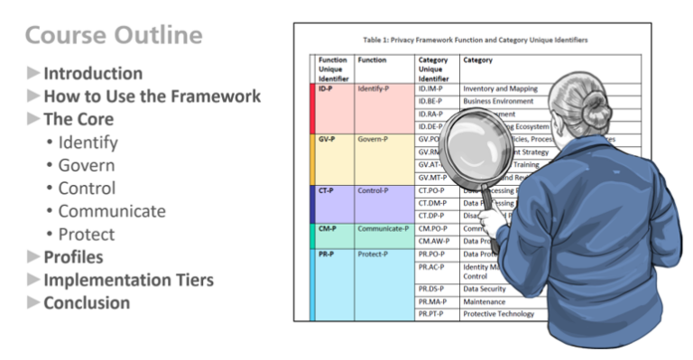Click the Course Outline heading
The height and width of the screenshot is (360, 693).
point(114,36)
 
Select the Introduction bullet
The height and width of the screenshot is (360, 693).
point(92,74)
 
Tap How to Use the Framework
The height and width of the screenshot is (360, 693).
point(152,97)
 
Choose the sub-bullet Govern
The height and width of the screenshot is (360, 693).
point(86,165)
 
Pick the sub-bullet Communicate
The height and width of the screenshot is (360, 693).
point(111,211)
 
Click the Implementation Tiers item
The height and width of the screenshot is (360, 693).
point(128,280)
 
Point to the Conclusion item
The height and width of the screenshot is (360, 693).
point(87,303)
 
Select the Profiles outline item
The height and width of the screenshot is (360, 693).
point(72,257)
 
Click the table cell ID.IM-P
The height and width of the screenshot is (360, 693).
point(435,89)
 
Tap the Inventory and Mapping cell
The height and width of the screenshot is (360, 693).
point(500,89)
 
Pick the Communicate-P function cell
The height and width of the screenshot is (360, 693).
point(383,228)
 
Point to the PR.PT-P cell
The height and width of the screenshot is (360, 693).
point(435,314)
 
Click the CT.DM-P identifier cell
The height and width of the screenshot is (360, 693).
point(435,204)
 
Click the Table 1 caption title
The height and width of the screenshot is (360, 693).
point(475,41)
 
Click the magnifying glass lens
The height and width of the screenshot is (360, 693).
point(480,143)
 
